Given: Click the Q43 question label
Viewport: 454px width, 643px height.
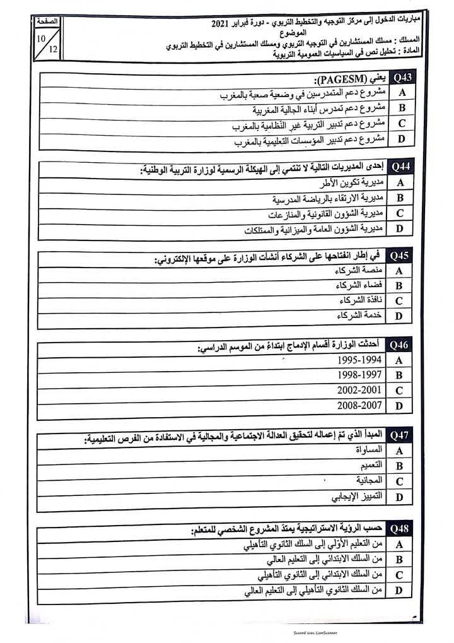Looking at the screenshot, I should tap(401, 78).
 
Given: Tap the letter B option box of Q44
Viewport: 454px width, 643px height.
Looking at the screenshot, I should tap(400, 198).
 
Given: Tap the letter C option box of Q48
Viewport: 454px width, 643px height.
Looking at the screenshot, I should tap(400, 575).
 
